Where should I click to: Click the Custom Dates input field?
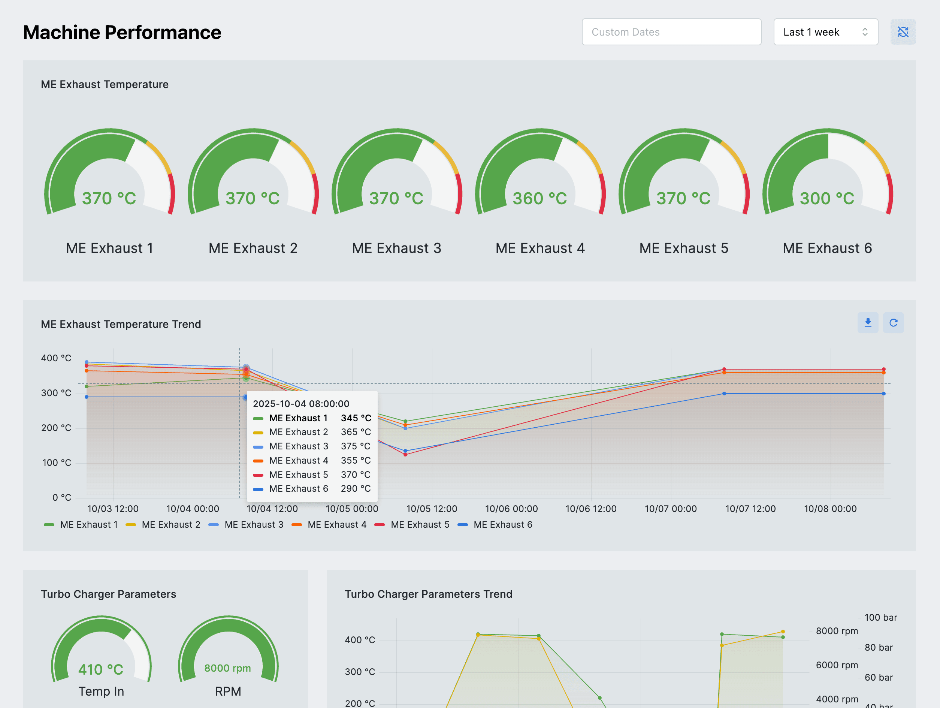point(671,32)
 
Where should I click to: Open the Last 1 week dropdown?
point(825,32)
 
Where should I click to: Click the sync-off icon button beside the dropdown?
point(903,32)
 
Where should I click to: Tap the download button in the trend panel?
point(867,323)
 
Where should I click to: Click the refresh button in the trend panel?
point(893,323)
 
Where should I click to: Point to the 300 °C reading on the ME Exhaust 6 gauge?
point(826,198)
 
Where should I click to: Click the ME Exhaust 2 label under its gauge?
point(253,248)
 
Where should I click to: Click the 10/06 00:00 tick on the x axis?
point(511,509)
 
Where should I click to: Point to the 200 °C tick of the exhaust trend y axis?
point(56,428)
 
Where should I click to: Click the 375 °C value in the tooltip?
point(355,446)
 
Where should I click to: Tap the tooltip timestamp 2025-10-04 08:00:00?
point(301,404)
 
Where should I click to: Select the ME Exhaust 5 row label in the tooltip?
point(298,474)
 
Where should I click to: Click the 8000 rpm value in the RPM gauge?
point(227,668)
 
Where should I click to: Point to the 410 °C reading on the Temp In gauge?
point(101,669)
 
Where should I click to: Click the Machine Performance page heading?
point(122,32)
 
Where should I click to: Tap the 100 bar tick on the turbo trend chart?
point(880,617)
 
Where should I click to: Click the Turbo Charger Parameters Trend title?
point(428,594)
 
